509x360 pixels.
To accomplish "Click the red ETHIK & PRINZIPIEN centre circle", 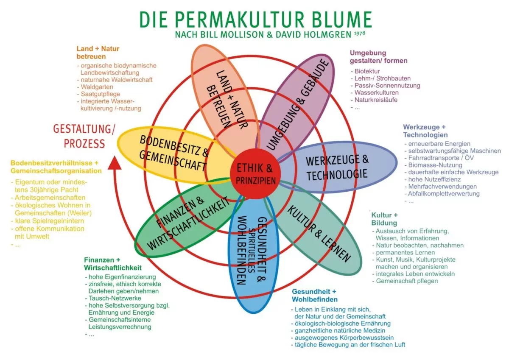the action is pyautogui.click(x=256, y=174).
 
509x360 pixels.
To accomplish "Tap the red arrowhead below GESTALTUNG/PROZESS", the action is pyautogui.click(x=114, y=163).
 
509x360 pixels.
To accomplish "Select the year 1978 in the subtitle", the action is pyautogui.click(x=360, y=33).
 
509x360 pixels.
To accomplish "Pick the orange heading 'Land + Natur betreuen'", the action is pyautogui.click(x=98, y=53).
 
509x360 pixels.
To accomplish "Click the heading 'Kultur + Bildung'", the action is pyautogui.click(x=384, y=219).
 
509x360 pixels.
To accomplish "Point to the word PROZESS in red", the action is pyautogui.click(x=84, y=144).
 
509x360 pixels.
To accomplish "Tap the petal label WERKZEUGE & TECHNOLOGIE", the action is pyautogui.click(x=337, y=167).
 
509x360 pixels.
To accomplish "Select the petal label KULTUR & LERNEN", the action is pyautogui.click(x=319, y=234).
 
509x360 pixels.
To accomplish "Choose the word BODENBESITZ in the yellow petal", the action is pyautogui.click(x=170, y=145).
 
